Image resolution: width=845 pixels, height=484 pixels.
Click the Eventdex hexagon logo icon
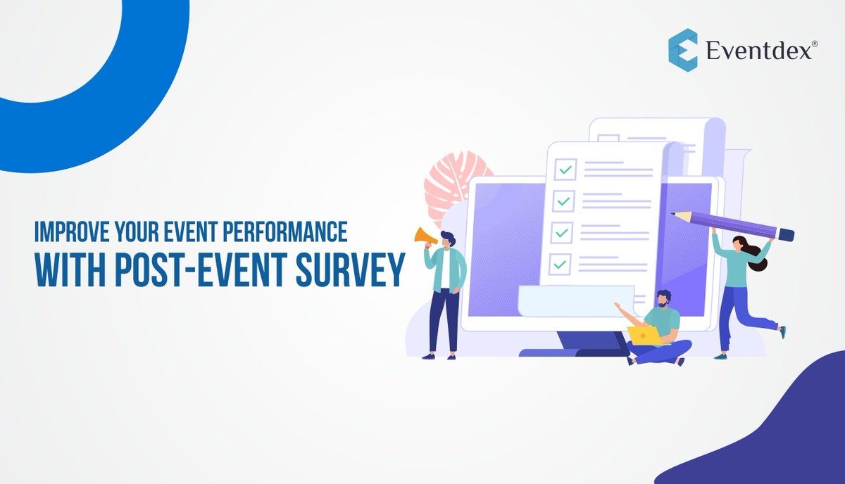coord(682,50)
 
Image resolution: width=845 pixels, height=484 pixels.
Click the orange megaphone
coord(425,236)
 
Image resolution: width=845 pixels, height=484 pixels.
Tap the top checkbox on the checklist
coord(564,170)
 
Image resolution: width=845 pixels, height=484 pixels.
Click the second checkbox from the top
coord(563,201)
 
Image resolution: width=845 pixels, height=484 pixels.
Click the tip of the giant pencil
coord(675,213)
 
